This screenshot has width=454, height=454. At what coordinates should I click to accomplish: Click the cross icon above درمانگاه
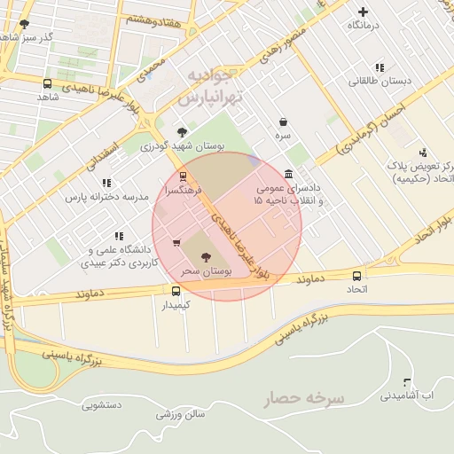pos(362,12)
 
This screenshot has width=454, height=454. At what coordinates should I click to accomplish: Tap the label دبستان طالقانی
pos(380,82)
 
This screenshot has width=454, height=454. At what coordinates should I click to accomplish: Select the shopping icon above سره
pos(283,121)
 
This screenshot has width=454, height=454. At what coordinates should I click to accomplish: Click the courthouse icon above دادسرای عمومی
pos(289,174)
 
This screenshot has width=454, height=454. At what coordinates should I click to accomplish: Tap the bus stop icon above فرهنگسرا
pos(183,176)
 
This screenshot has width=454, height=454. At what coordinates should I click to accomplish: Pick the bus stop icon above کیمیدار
pos(176,290)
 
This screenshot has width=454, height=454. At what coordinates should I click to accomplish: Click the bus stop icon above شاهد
pos(47,82)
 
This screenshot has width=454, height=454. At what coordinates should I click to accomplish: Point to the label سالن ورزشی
pos(181,414)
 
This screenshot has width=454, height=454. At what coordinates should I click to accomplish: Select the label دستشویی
pos(102,405)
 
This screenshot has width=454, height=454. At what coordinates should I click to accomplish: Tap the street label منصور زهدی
pos(281,43)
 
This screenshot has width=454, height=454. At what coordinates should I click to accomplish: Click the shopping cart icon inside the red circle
pos(176,242)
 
